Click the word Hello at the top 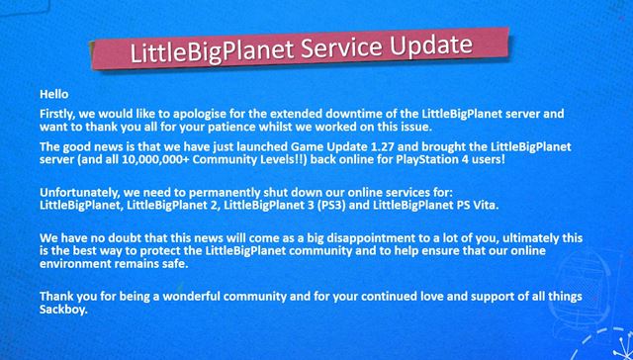point(54,93)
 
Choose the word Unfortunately point(80,191)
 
